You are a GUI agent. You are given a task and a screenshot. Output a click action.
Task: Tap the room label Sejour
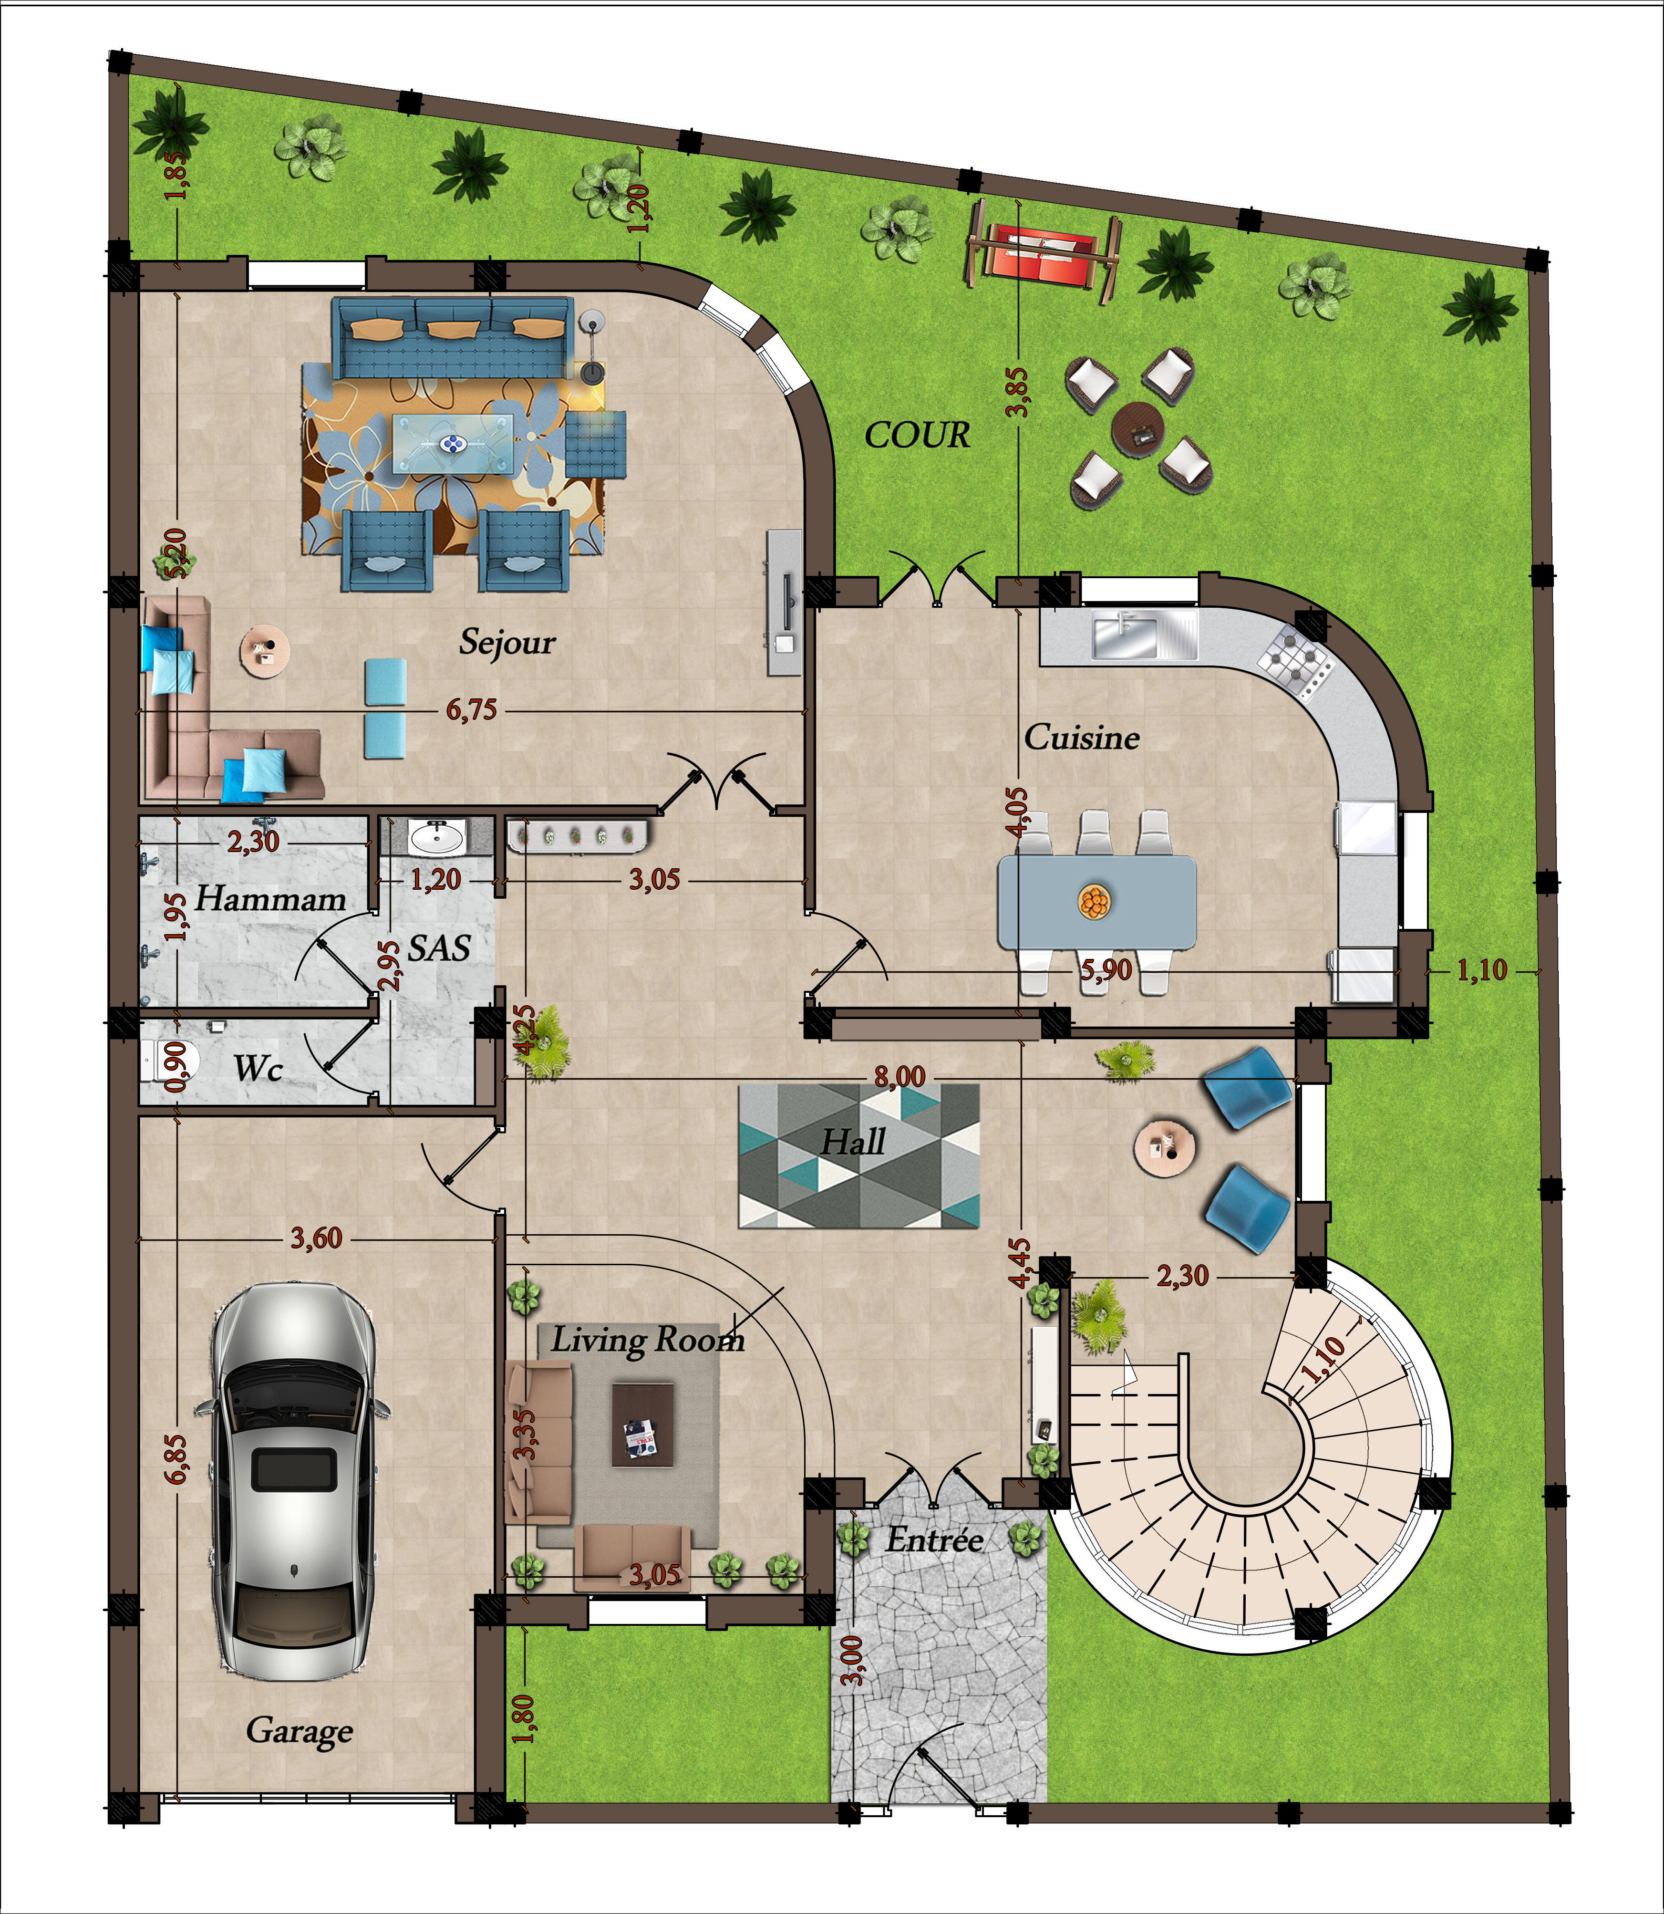[507, 642]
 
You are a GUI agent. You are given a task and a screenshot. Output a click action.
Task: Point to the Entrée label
[934, 1540]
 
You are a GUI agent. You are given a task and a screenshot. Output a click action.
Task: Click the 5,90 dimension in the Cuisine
[1105, 970]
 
